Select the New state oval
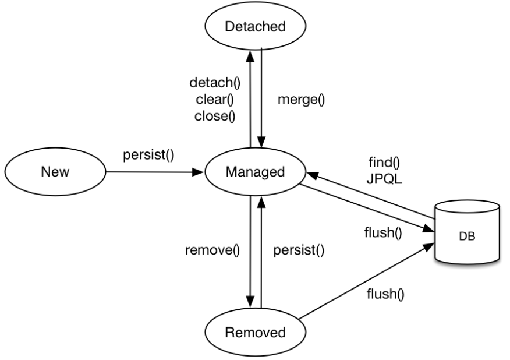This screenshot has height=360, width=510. click(54, 172)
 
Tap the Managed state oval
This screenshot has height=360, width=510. click(256, 172)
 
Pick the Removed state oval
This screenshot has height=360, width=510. click(256, 333)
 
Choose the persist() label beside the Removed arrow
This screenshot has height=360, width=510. click(299, 252)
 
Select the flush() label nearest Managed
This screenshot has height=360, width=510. click(382, 235)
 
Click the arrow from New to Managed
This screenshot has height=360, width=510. click(154, 172)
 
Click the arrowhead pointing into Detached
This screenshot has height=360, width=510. click(250, 54)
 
